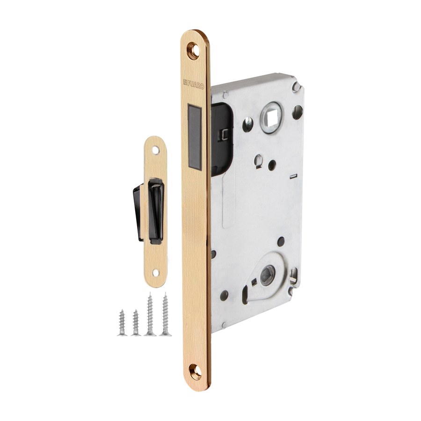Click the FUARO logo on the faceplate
pos(194,84)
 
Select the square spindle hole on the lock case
pos(269,116)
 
